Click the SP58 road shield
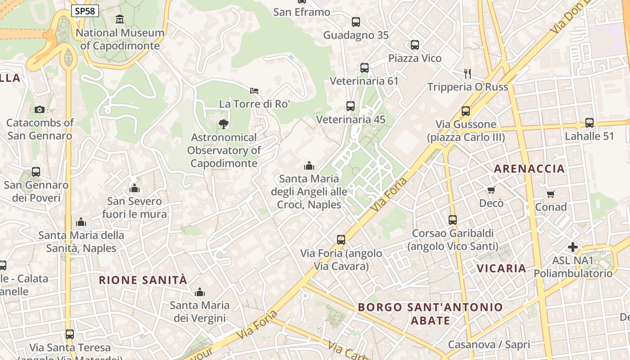85,11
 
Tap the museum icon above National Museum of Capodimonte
120,19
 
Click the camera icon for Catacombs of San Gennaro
40,109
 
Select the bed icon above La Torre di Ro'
254,91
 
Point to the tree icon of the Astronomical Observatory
223,124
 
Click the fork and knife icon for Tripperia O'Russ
468,73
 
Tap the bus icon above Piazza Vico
415,45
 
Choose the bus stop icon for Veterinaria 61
364,68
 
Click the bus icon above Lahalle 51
589,122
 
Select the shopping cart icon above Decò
491,190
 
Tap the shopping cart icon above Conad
551,194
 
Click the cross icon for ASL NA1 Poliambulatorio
573,247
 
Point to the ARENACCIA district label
529,169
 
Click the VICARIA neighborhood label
501,269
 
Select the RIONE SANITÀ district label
143,280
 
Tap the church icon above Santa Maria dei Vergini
200,292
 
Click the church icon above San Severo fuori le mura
135,188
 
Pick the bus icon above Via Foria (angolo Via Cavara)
341,240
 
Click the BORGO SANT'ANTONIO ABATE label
430,314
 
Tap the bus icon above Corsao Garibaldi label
453,220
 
